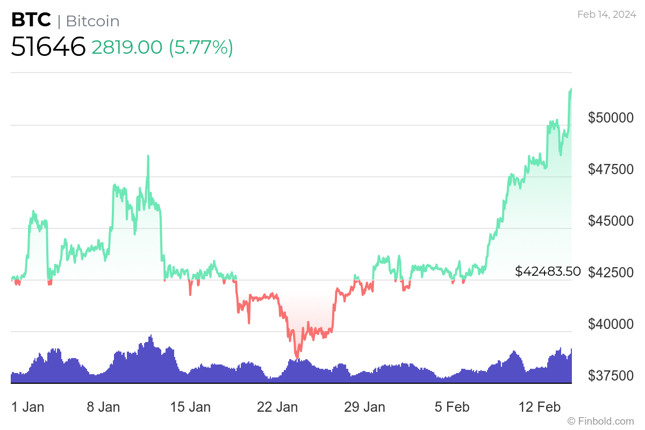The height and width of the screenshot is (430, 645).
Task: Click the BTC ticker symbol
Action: pos(31,20)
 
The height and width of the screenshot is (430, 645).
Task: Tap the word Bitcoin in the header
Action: pos(92,21)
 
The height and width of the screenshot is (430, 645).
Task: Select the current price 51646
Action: pos(48,47)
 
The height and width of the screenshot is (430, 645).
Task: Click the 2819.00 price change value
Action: pos(127,47)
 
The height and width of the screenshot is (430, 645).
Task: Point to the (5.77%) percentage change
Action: pos(201,47)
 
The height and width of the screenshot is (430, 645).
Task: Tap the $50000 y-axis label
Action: pos(611,117)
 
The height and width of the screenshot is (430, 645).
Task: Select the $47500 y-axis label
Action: pos(611,169)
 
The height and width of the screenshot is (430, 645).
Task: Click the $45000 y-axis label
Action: pos(611,220)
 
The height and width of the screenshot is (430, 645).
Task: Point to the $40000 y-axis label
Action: pos(611,324)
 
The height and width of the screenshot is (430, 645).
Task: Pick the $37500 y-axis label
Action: pos(611,375)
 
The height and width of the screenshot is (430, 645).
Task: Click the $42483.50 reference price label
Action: pos(548,271)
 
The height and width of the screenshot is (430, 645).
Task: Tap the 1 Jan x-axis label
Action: pos(27,407)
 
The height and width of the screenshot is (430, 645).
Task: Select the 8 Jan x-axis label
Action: pos(103,407)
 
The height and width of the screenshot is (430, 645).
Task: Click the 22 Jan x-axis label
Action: pos(277,407)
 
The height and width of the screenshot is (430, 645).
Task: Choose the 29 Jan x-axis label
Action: pos(364,407)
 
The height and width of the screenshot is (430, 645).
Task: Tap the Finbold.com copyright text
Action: pos(600,421)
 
